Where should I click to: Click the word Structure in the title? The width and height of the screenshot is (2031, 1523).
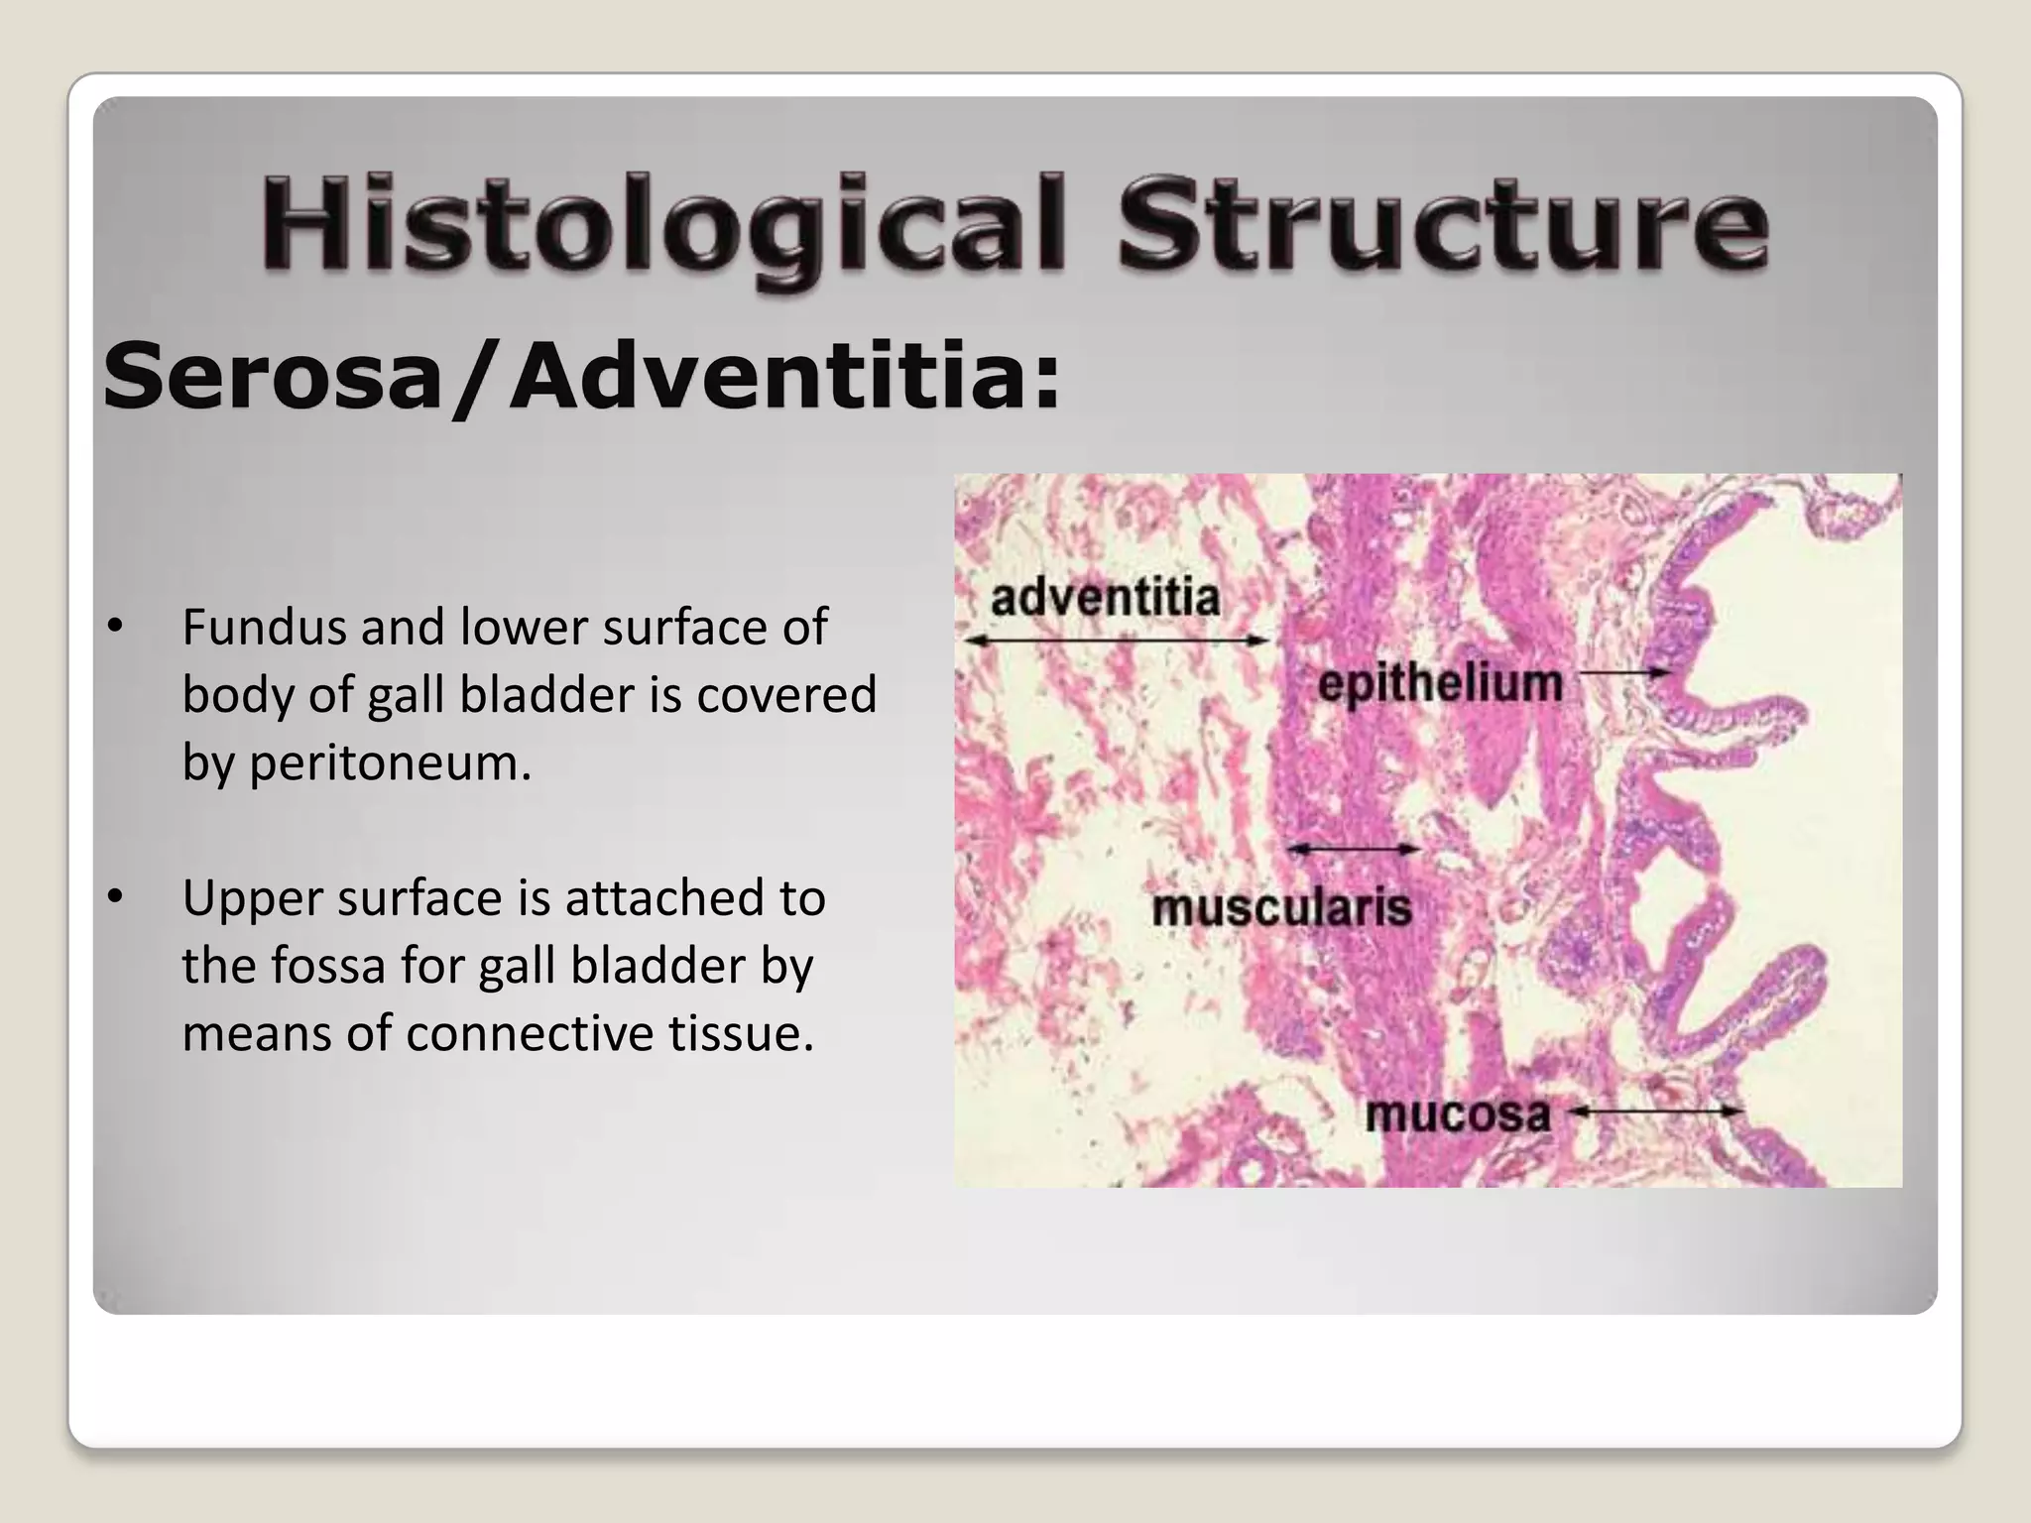[x=1442, y=224]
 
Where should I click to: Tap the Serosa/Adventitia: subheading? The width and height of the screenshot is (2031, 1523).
[x=582, y=376]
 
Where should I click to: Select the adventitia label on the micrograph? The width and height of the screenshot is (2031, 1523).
[x=1105, y=598]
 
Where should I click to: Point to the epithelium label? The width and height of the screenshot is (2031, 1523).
[x=1440, y=684]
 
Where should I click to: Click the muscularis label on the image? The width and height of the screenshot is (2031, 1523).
[x=1281, y=907]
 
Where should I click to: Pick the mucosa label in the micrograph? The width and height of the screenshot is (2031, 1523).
[x=1458, y=1114]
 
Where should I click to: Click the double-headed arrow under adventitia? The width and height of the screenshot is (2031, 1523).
[x=1118, y=642]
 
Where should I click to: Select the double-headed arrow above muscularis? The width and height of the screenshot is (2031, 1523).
[x=1354, y=850]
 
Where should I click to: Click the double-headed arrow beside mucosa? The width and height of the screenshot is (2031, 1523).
[x=1659, y=1112]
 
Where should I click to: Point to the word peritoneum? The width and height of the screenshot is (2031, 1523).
[x=390, y=762]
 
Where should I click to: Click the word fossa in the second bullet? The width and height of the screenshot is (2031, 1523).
[x=328, y=966]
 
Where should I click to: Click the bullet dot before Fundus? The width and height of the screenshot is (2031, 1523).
[x=116, y=627]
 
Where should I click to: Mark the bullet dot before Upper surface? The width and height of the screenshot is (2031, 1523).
[x=116, y=897]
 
